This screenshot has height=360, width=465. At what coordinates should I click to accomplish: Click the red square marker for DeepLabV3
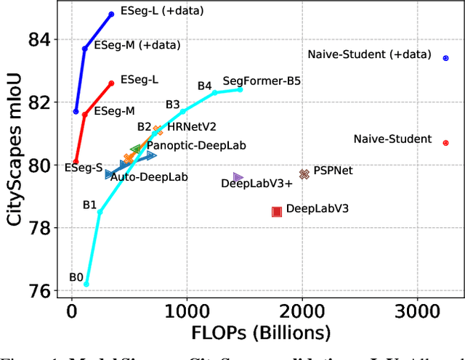click(x=276, y=211)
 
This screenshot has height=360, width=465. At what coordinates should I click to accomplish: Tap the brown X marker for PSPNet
click(x=304, y=173)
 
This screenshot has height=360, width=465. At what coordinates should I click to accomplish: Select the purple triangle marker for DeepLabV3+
click(x=238, y=177)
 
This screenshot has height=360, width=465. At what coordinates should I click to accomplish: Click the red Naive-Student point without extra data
click(x=445, y=143)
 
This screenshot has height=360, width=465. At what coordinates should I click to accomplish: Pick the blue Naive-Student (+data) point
click(x=445, y=58)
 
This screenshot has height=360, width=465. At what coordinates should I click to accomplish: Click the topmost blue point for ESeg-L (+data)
click(x=111, y=14)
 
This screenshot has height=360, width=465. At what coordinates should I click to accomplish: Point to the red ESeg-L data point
click(x=111, y=83)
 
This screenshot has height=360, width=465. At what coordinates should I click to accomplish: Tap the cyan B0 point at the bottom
click(x=86, y=285)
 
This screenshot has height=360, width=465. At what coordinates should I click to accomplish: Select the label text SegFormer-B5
click(x=262, y=81)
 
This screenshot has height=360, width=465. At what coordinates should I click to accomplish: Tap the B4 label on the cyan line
click(x=204, y=86)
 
